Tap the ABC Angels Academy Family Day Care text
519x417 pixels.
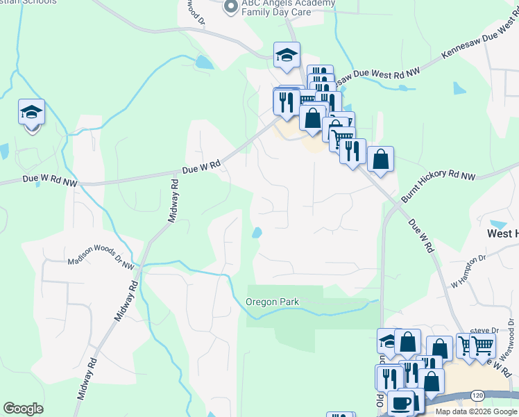287,8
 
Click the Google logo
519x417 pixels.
23,409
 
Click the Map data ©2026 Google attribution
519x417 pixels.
477,411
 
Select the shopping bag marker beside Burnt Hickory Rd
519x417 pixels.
380,159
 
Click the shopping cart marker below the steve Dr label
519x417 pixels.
483,345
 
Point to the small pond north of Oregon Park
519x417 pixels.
257,233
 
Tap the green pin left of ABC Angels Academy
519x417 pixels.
229,8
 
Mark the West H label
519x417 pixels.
502,234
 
